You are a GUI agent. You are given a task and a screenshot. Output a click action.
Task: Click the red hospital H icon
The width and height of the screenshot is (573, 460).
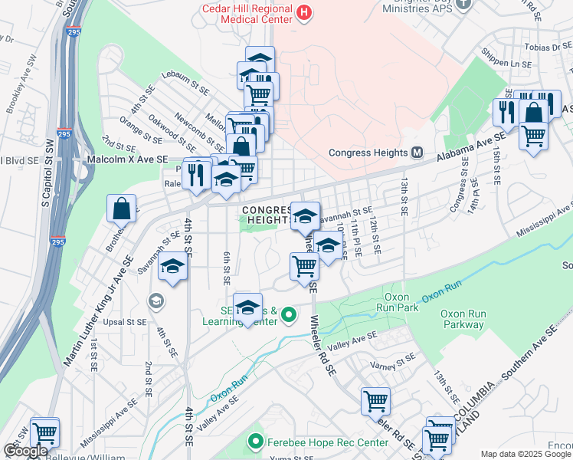pyautogui.click(x=305, y=12)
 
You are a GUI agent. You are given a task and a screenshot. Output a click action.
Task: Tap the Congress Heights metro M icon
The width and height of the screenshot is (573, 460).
pyautogui.click(x=417, y=152)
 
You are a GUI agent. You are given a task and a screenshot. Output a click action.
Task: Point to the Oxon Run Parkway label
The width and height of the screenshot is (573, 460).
pyautogui.click(x=463, y=319)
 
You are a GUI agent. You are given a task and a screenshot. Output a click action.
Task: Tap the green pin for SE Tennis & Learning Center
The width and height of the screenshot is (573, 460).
pyautogui.click(x=289, y=314)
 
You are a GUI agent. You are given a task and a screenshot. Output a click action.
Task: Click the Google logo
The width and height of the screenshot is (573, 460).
pyautogui.click(x=26, y=451)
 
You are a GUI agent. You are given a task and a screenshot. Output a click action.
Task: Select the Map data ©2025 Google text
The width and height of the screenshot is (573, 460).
pyautogui.click(x=526, y=454)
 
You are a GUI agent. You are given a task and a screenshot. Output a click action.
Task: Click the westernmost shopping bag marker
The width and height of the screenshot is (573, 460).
pyautogui.click(x=123, y=208)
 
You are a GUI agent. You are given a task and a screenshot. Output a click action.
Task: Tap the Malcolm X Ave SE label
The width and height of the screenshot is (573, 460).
pyautogui.click(x=127, y=159)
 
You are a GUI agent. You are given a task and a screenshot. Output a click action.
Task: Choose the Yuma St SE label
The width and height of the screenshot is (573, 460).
pyautogui.click(x=294, y=457)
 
